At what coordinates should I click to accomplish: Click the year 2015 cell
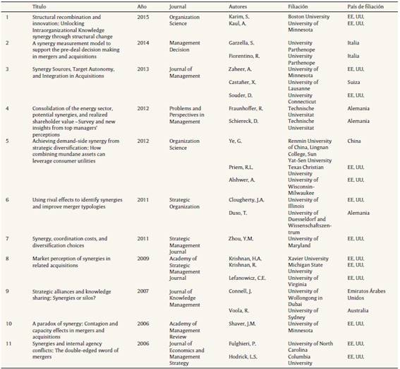(x=143, y=15)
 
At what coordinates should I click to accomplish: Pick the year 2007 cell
(x=143, y=291)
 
